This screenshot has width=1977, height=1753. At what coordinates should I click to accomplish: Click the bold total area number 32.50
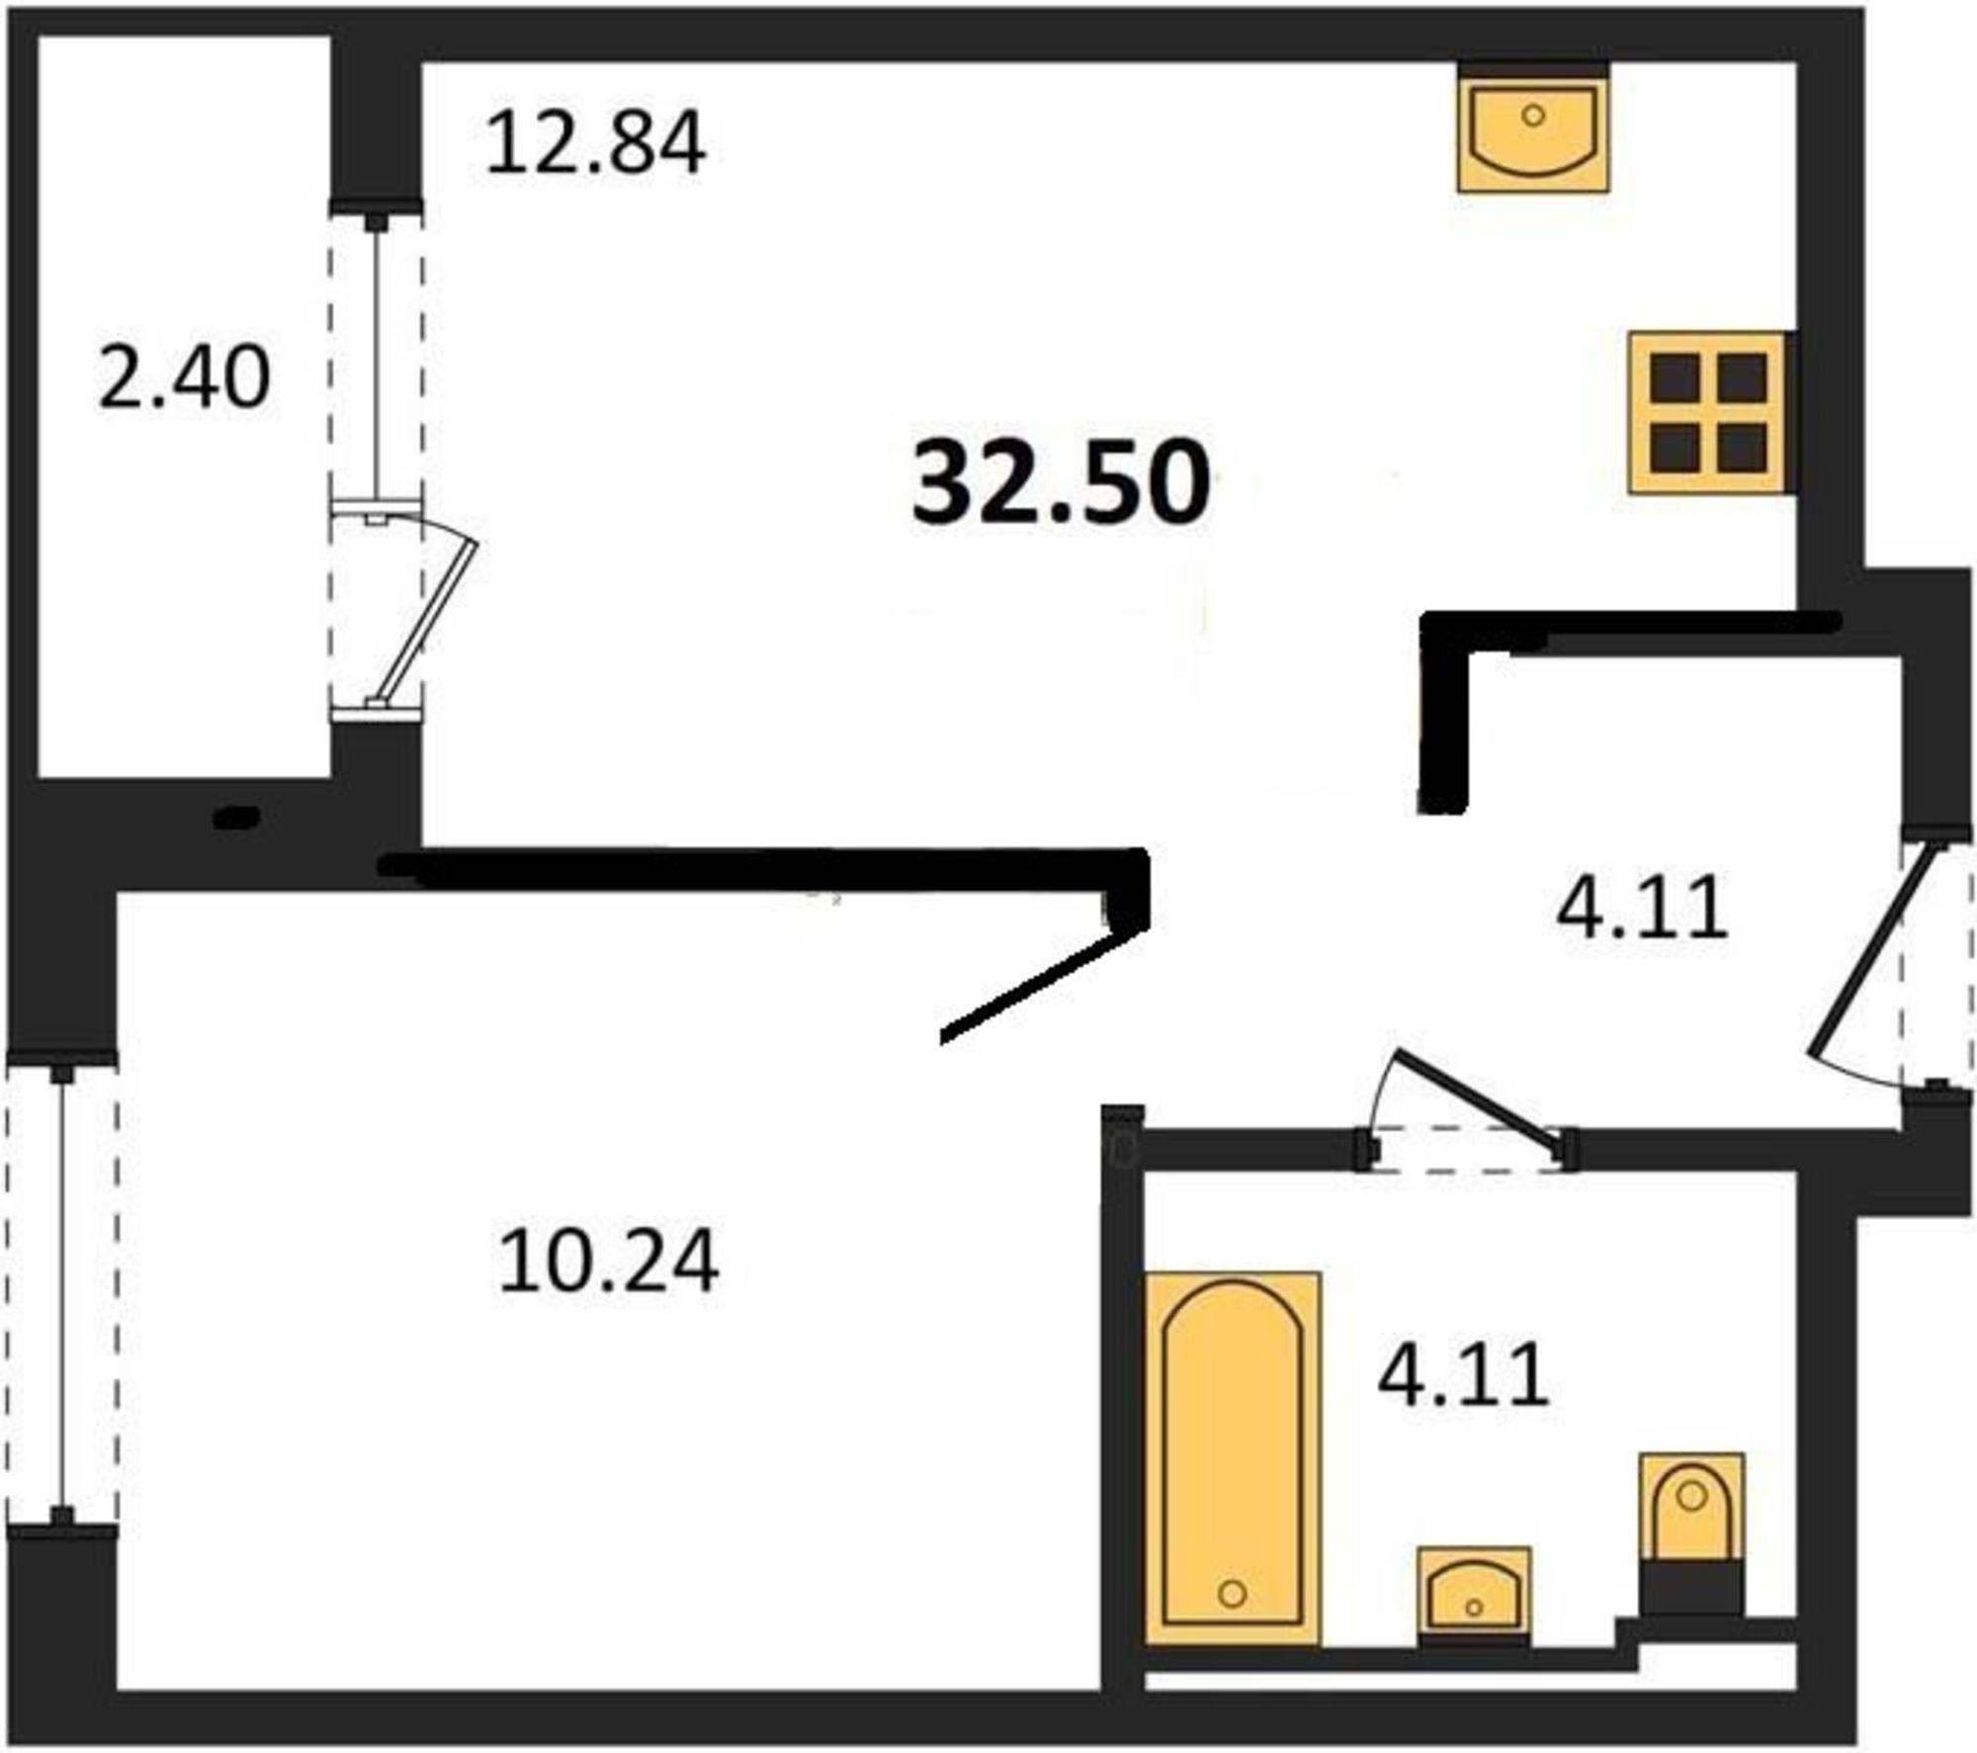(1062, 482)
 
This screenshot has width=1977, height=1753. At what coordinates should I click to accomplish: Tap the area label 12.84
(596, 143)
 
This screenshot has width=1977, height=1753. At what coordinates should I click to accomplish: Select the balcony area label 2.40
(184, 377)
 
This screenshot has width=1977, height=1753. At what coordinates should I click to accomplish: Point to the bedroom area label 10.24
(608, 1262)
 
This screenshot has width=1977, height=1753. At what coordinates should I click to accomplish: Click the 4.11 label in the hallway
(1643, 907)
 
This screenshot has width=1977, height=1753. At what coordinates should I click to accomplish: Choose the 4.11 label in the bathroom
(1463, 1375)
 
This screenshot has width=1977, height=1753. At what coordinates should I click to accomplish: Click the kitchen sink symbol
(1533, 129)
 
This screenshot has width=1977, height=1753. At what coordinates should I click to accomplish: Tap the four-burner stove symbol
(1708, 413)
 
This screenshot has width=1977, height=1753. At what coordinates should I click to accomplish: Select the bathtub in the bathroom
(1233, 1458)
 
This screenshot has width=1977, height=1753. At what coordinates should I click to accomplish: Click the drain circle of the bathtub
(1233, 1593)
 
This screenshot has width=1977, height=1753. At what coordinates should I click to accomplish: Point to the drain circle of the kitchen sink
(1533, 116)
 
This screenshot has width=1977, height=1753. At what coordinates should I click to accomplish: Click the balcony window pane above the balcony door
(376, 359)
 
